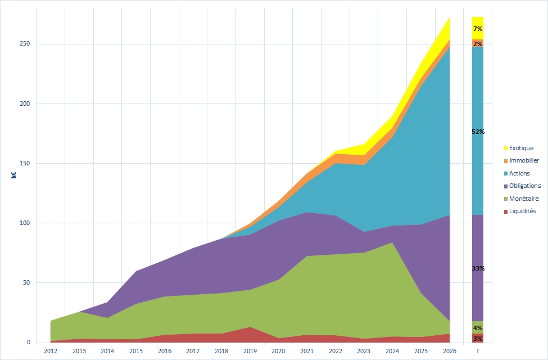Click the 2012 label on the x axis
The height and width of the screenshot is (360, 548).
pos(50,352)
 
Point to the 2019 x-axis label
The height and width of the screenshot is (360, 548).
pos(250,352)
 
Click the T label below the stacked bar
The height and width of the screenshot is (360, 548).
pos(477,352)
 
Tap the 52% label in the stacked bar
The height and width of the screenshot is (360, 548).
pos(478,132)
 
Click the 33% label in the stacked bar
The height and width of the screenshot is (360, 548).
pos(478,268)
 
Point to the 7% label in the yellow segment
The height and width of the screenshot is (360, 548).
pos(478,29)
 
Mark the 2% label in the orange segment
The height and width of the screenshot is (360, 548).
pos(478,44)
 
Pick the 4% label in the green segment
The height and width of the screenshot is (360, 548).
pos(478,328)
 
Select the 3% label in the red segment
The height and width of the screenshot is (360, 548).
pos(478,339)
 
